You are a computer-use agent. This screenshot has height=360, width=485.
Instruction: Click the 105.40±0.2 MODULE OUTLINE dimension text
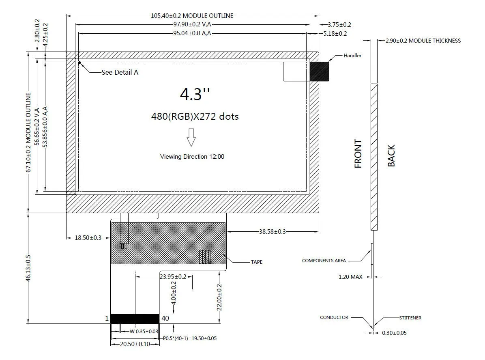point(192,16)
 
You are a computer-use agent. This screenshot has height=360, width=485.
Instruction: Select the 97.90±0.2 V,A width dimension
point(192,24)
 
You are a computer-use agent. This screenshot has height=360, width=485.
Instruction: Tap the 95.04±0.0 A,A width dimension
point(192,33)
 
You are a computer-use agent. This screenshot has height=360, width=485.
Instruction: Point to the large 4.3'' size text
point(195,94)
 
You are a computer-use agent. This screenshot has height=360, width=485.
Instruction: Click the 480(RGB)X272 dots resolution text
point(195,116)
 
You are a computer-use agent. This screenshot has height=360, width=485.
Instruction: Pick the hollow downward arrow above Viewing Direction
point(191,137)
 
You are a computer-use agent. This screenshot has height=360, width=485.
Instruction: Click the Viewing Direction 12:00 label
point(192,157)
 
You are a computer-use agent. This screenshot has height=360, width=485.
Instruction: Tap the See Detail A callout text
point(120,72)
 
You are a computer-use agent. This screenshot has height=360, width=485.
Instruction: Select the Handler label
point(352,56)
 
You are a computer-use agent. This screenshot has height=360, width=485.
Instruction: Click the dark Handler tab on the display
point(320,71)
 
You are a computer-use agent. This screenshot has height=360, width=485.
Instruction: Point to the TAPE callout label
point(256,262)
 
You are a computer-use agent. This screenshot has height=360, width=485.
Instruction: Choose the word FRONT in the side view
point(358,154)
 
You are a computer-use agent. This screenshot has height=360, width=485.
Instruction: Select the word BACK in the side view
point(391,155)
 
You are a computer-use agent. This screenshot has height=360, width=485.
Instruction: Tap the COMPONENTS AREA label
point(324,261)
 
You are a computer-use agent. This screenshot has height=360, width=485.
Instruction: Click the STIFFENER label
point(410,318)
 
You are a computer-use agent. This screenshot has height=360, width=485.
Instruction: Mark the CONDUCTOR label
point(334,317)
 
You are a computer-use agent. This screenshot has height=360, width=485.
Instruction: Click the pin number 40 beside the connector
point(165,318)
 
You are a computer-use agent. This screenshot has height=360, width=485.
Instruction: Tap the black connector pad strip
point(135,319)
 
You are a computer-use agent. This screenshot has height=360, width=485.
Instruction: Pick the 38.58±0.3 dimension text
point(272,231)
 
